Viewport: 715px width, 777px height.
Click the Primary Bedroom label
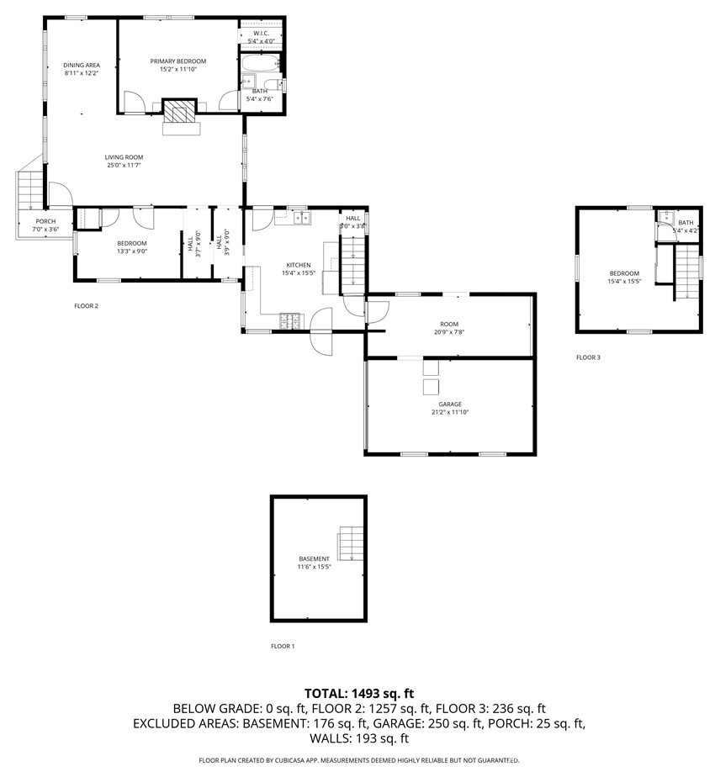(177, 61)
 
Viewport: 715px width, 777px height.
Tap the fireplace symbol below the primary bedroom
(178, 113)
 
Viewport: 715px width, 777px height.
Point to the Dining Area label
(81, 65)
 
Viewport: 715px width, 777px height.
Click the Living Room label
(124, 157)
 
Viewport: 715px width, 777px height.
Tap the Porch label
(45, 221)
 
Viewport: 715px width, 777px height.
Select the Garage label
(450, 404)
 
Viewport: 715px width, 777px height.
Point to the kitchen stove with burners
(291, 320)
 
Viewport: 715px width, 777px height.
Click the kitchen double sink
(301, 219)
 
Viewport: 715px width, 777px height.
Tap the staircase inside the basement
(352, 543)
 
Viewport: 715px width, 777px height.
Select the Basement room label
(315, 559)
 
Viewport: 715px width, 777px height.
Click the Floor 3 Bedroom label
(624, 273)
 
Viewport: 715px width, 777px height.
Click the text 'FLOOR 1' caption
(283, 647)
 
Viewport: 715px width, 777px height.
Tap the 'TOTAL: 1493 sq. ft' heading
(359, 694)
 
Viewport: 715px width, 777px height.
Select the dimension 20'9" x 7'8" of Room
(449, 332)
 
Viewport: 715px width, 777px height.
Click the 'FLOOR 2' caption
(86, 306)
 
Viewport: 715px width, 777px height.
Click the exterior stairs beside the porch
(29, 188)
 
